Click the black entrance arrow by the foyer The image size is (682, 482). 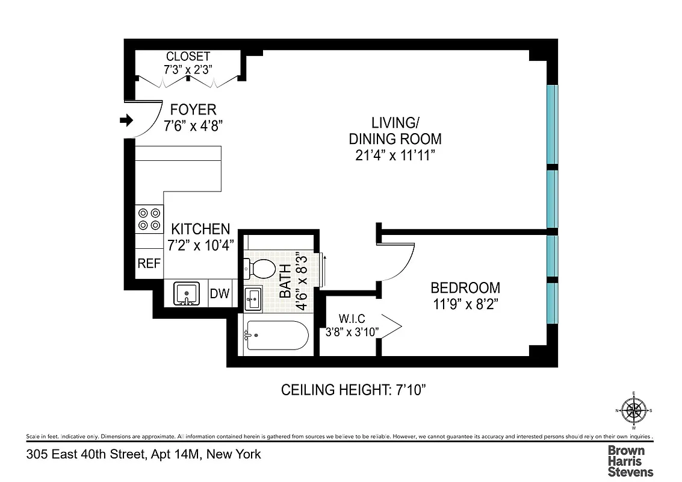point(126,121)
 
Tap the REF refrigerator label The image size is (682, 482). point(149,263)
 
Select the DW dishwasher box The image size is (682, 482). point(220,294)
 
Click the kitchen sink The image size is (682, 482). point(187,294)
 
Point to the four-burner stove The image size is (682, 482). point(149,219)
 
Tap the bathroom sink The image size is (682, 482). point(253,298)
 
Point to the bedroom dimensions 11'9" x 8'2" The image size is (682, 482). point(465,303)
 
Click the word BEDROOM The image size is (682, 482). point(465,288)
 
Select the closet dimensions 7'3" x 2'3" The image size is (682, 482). point(188,69)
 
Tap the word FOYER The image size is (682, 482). point(193,110)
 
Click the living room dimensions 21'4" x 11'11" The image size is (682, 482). point(395,155)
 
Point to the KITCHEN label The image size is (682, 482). point(200,229)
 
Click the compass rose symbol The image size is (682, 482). point(633,411)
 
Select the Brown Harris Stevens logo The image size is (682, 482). point(630,461)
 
